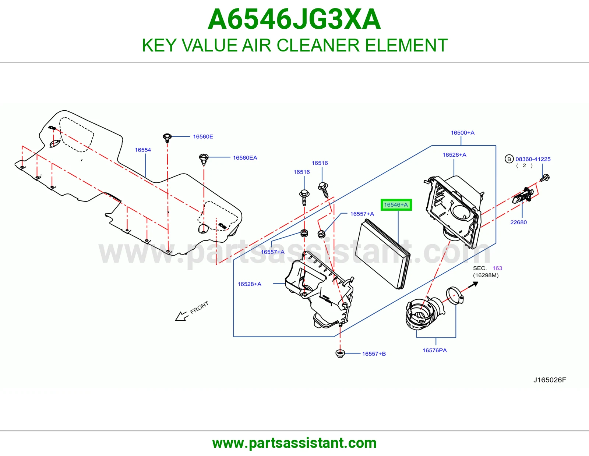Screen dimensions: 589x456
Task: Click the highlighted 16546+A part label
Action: pyautogui.click(x=396, y=205)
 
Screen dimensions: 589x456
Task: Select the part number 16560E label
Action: pyautogui.click(x=203, y=136)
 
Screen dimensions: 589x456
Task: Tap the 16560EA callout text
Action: pyautogui.click(x=245, y=158)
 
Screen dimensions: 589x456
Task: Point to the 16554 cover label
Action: pyautogui.click(x=143, y=150)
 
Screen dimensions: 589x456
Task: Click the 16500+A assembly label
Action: pyautogui.click(x=462, y=133)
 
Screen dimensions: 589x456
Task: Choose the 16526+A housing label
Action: pyautogui.click(x=454, y=154)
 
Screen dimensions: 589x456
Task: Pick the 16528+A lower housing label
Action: pyautogui.click(x=249, y=284)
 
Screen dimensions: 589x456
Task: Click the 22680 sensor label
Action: pyautogui.click(x=519, y=222)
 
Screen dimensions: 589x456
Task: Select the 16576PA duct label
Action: pyautogui.click(x=434, y=350)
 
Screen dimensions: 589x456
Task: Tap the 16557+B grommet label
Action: pyautogui.click(x=374, y=354)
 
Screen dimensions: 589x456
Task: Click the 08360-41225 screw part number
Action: pyautogui.click(x=533, y=159)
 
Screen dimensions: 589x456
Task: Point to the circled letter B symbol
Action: pyautogui.click(x=509, y=159)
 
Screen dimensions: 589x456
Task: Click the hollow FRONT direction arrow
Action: pyautogui.click(x=181, y=316)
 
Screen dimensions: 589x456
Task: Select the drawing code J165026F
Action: pyautogui.click(x=550, y=380)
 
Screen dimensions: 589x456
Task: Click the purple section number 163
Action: pyautogui.click(x=497, y=268)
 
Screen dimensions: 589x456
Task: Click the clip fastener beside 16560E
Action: pyautogui.click(x=167, y=138)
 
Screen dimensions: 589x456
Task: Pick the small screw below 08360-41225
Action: pyautogui.click(x=544, y=178)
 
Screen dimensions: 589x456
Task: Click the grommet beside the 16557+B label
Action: pyautogui.click(x=340, y=353)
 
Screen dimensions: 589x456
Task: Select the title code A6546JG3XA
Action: pyautogui.click(x=294, y=19)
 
